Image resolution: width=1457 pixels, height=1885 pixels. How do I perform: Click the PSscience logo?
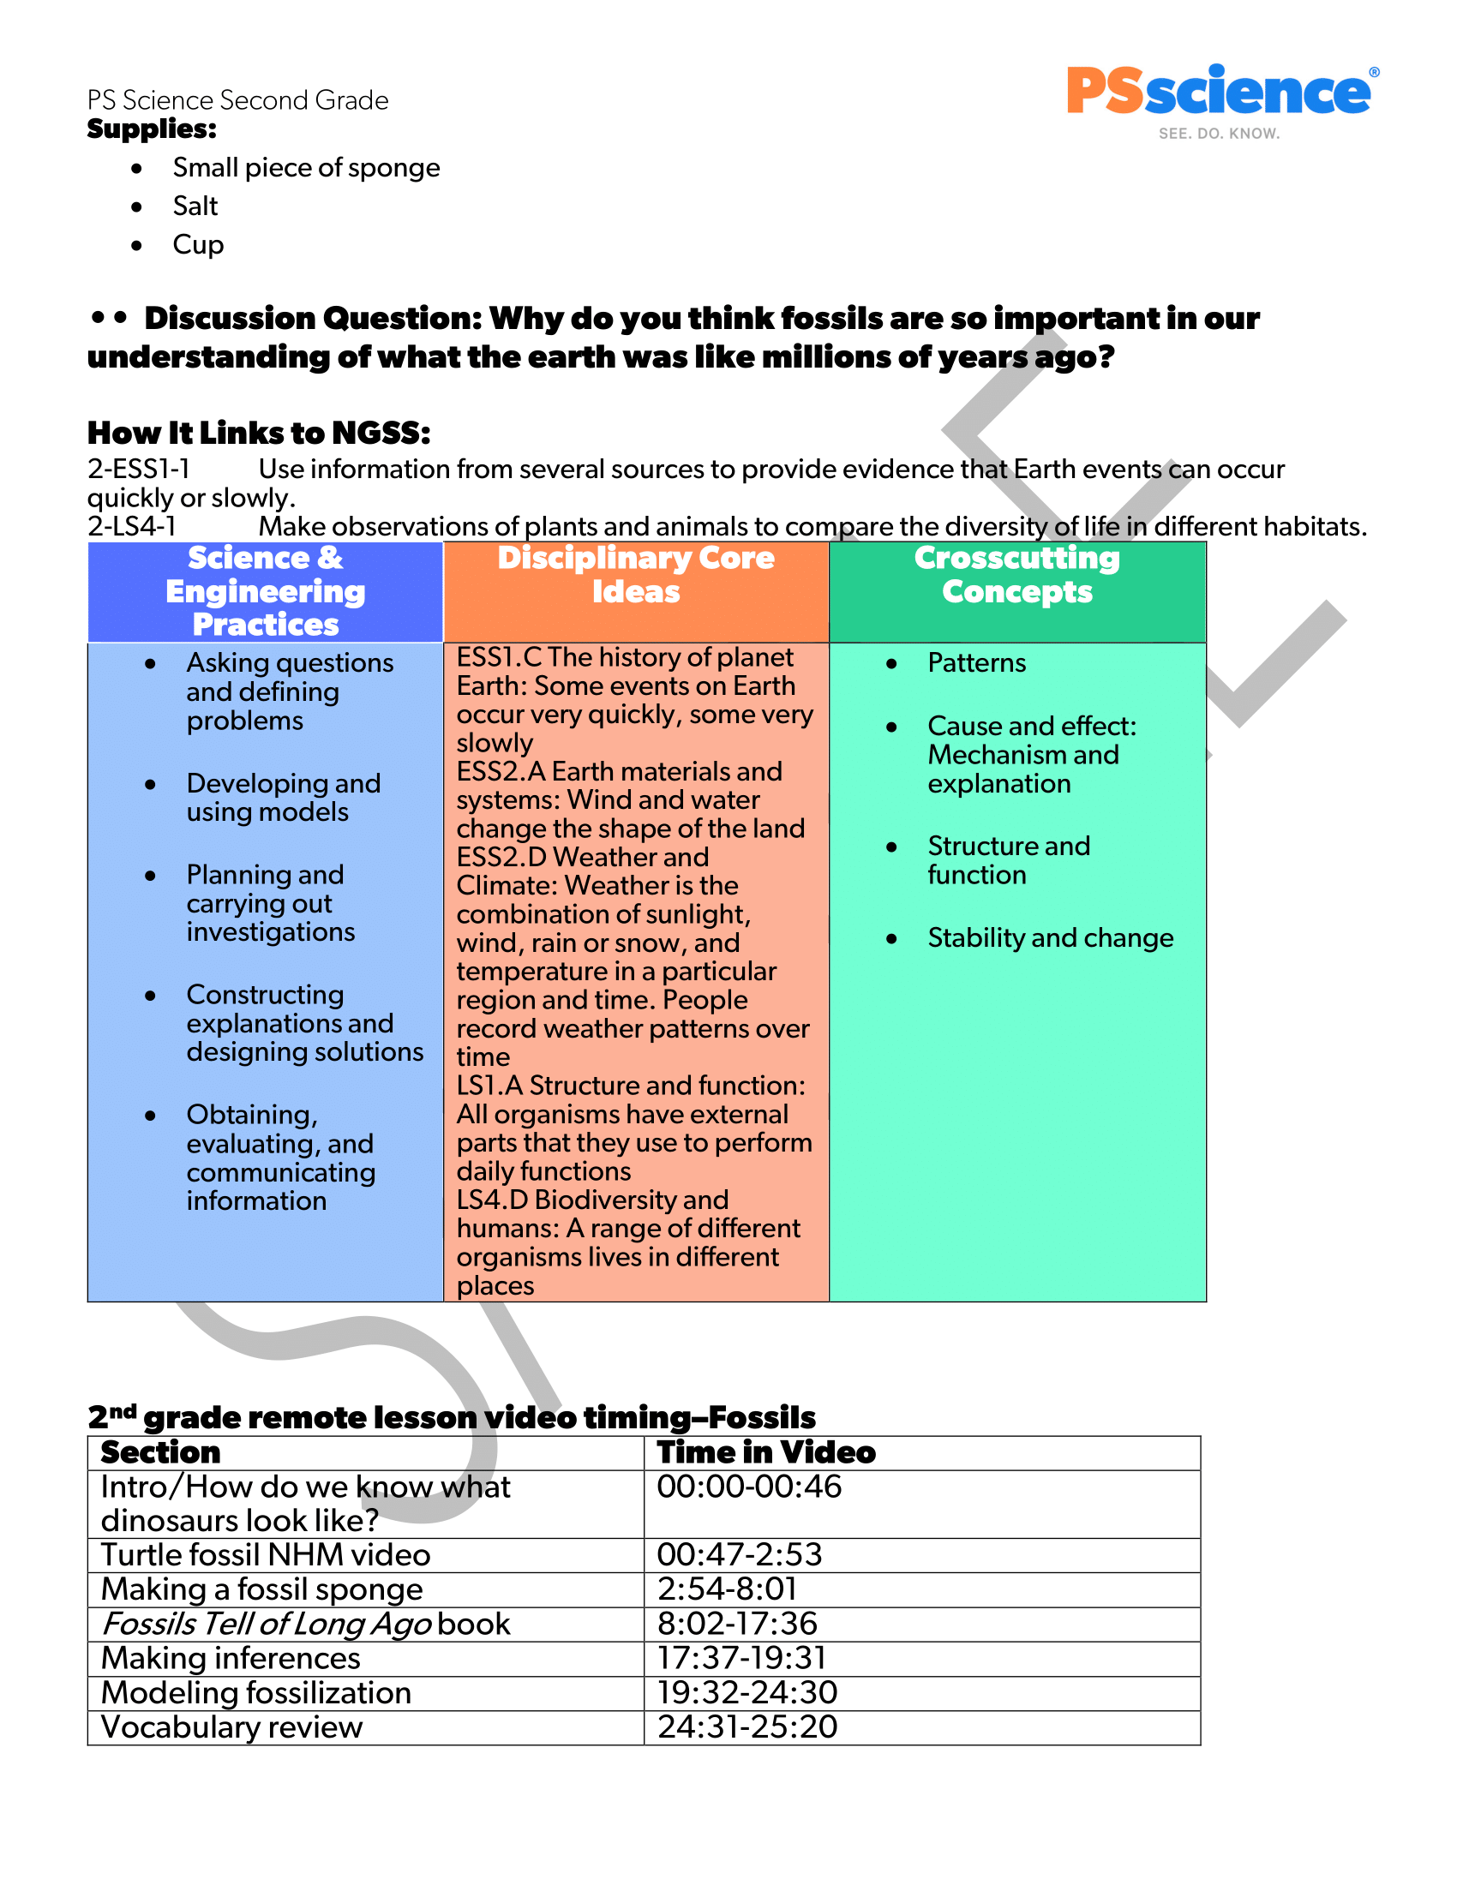point(1220,99)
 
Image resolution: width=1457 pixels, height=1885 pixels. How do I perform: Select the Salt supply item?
point(195,206)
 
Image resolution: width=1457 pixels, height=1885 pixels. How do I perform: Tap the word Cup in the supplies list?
point(198,245)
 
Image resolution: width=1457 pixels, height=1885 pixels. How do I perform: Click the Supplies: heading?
point(152,129)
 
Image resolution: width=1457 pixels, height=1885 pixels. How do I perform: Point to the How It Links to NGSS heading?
point(258,433)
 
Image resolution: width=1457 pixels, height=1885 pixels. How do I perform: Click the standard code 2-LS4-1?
point(131,525)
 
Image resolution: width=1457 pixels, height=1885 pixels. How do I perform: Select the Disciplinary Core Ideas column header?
point(635,575)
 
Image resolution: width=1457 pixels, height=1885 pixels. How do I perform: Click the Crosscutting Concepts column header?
point(1016,575)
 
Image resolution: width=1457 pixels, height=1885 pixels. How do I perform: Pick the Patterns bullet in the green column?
point(976,663)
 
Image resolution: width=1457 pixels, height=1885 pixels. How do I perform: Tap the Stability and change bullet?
point(1050,938)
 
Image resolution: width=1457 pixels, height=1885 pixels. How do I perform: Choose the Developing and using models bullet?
point(283,798)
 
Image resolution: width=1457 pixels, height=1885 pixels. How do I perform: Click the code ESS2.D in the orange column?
point(501,857)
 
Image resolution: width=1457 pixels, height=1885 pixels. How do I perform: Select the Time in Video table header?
point(765,1452)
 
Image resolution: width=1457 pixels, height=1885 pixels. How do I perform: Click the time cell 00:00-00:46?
point(748,1487)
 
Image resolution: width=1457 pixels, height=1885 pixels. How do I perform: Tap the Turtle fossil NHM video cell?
point(265,1555)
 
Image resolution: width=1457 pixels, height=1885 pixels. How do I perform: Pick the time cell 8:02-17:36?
point(736,1624)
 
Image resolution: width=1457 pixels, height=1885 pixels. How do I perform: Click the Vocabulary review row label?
point(231,1727)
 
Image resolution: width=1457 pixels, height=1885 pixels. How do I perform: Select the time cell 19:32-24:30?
point(746,1692)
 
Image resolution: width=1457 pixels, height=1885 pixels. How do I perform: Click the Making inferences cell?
point(231,1658)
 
